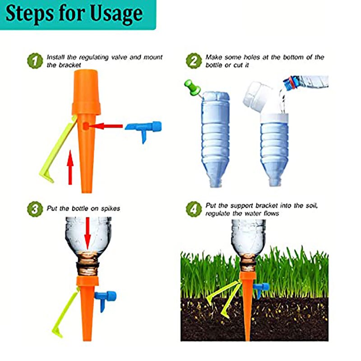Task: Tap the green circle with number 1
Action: coord(34,61)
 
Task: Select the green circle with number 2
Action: coord(193,61)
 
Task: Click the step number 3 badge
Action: coord(34,210)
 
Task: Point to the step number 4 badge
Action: coord(193,210)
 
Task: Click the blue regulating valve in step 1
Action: coord(143,128)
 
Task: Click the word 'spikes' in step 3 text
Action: coord(111,209)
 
